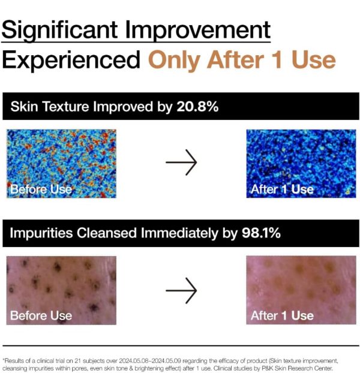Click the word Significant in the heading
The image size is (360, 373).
point(60,31)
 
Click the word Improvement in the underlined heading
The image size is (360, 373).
point(198,30)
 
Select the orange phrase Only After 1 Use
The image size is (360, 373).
point(242,61)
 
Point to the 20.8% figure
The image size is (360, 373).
point(197,106)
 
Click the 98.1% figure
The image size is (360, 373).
point(261,233)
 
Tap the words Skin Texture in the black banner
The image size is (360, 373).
point(50,106)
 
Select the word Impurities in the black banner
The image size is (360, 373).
point(41,233)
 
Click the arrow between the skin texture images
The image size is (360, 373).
point(181,163)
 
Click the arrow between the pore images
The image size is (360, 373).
point(181,290)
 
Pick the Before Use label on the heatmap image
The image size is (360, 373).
point(41,189)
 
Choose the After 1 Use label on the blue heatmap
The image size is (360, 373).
point(282,189)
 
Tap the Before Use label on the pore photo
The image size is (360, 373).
point(41,315)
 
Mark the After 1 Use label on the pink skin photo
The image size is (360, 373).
point(282,315)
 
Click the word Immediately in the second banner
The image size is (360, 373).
point(179,233)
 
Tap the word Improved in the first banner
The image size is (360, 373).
point(123,107)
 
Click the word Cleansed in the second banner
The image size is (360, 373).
point(107,233)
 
